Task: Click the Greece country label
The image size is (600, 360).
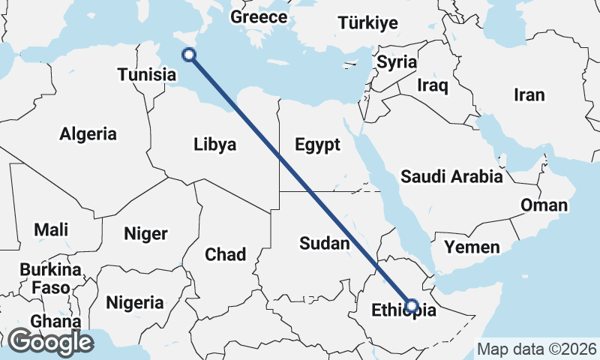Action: point(259,17)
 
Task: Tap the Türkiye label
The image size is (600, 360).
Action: point(367,23)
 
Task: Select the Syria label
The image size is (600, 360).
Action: point(396,62)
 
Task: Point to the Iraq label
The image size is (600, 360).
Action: point(433,85)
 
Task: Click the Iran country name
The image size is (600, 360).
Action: point(529,94)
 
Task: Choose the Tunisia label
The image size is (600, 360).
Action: point(147,75)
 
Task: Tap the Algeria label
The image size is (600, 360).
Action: point(88,134)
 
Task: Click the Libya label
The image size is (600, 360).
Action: point(214,144)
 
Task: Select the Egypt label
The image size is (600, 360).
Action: point(318,144)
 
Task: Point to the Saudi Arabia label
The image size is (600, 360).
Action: point(451,177)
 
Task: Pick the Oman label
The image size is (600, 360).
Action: point(544,205)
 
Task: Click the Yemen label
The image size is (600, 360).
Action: point(472,247)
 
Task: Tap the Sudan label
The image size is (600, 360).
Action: point(325,243)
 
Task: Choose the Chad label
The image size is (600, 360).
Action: point(225,255)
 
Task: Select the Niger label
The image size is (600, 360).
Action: point(145,233)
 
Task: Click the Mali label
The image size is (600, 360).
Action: point(50,229)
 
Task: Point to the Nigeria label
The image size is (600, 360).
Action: point(135,303)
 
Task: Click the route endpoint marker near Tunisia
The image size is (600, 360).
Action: point(189,54)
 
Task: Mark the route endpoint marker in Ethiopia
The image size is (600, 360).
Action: point(412,305)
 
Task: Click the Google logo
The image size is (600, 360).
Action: point(50,342)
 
